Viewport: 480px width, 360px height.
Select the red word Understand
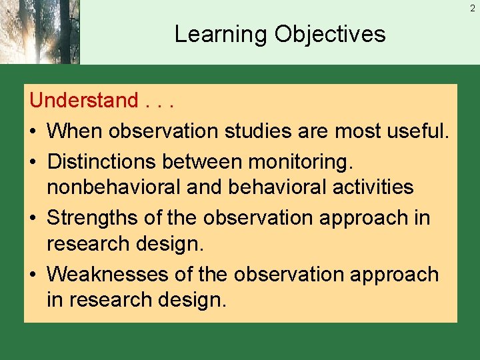click(83, 101)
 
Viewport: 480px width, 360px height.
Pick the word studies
click(257, 131)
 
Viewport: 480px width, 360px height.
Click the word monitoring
click(310, 161)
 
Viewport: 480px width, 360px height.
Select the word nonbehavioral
click(113, 187)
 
